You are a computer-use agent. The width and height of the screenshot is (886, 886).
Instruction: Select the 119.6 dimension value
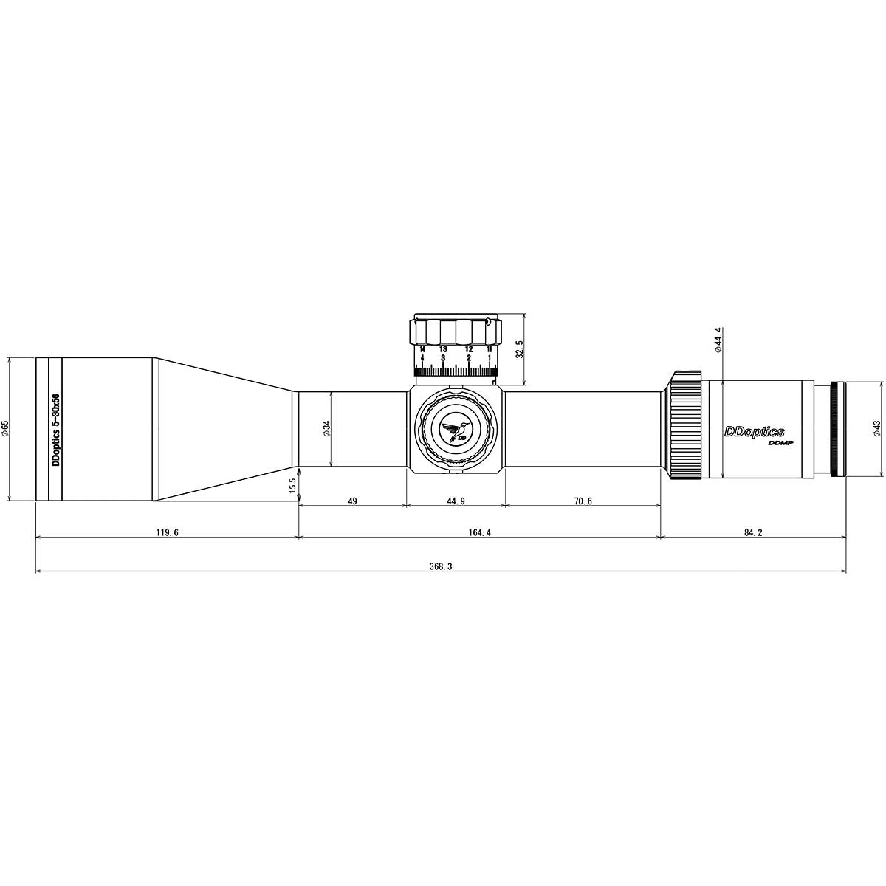pos(168,532)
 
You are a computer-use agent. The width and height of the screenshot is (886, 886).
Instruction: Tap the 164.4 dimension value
pos(479,532)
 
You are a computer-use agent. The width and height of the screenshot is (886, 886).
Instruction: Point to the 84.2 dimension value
pos(752,532)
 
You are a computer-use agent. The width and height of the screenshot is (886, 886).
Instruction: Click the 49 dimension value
pos(352,501)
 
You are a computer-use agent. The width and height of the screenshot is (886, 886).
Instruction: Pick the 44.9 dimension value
pos(456,501)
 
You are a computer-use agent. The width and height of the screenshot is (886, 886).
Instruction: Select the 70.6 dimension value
pos(583,501)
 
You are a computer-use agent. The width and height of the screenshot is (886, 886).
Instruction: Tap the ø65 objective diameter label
pos(6,429)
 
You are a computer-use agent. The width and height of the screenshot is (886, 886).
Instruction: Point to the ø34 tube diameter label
pos(326,430)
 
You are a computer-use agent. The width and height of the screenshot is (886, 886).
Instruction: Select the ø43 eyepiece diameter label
pos(876,429)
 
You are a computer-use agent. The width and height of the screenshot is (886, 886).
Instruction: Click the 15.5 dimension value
pos(292,487)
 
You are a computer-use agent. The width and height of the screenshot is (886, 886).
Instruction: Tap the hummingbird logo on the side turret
pos(456,431)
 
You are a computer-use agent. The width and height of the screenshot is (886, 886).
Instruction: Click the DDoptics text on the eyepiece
pos(754,432)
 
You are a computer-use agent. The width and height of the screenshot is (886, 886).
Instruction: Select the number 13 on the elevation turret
pos(443,348)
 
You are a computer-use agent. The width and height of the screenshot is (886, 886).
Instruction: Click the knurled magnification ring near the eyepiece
pos(686,427)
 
